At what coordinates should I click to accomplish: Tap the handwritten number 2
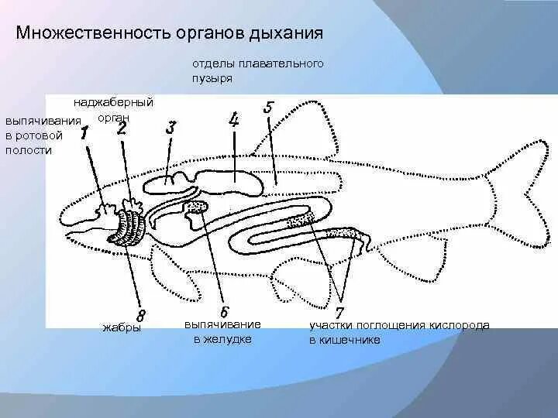[122, 129]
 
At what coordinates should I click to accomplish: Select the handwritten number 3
[171, 128]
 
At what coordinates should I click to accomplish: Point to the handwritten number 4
[234, 120]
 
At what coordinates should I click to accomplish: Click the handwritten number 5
[268, 108]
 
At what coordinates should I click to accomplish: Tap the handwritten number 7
[339, 308]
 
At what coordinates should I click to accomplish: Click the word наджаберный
[114, 103]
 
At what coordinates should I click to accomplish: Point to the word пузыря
[212, 78]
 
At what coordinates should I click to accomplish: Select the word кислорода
[459, 326]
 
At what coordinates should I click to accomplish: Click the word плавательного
[284, 64]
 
